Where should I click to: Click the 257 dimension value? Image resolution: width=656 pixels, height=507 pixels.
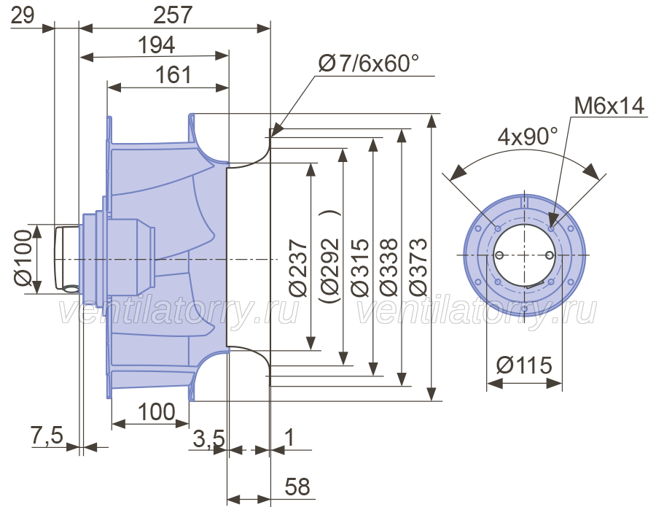coord(172,15)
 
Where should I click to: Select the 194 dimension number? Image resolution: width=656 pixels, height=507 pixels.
coord(156,44)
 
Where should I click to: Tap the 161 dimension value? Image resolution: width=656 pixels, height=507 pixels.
coord(173,75)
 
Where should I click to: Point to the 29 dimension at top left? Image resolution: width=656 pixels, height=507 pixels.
coord(22,15)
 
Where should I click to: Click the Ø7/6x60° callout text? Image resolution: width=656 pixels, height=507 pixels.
coord(369,63)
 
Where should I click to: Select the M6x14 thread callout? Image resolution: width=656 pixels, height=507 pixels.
coord(609,106)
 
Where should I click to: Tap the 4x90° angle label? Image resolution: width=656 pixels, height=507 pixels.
coord(528,136)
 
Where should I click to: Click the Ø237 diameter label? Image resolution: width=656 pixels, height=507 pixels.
coord(298,268)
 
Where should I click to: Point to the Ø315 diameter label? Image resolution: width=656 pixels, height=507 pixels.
coord(360,268)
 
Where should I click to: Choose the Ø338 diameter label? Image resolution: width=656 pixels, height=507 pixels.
coord(388,268)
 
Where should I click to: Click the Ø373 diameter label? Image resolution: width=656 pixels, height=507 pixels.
coord(418,268)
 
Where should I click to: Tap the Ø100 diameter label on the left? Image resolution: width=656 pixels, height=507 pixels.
coord(23,258)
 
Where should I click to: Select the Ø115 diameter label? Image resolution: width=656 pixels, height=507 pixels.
coord(524,365)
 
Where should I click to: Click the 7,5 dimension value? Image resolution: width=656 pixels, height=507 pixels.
coord(47,435)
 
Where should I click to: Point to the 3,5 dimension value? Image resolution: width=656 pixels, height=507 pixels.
coord(208,438)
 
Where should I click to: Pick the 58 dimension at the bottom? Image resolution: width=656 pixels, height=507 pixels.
coord(297,487)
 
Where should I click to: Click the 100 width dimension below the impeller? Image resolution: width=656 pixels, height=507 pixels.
coord(156,412)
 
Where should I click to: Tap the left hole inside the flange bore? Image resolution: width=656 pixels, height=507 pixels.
coord(499,255)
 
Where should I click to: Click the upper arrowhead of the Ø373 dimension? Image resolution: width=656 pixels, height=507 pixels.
coord(432,120)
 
